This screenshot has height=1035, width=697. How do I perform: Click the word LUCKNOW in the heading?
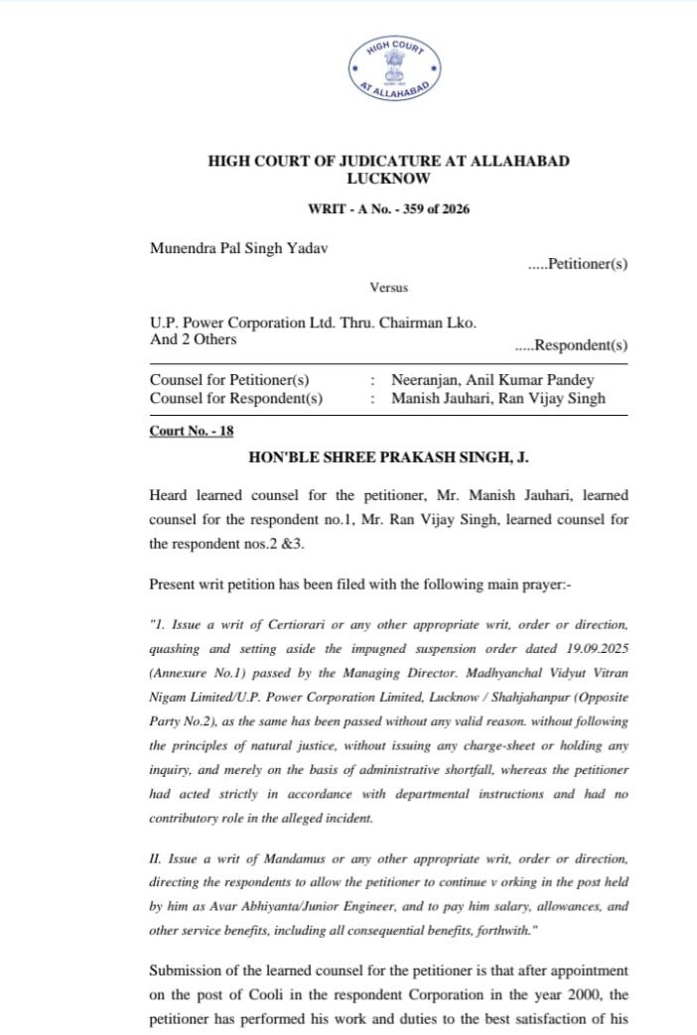coord(388,180)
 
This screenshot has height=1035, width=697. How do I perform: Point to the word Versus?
coord(388,288)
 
